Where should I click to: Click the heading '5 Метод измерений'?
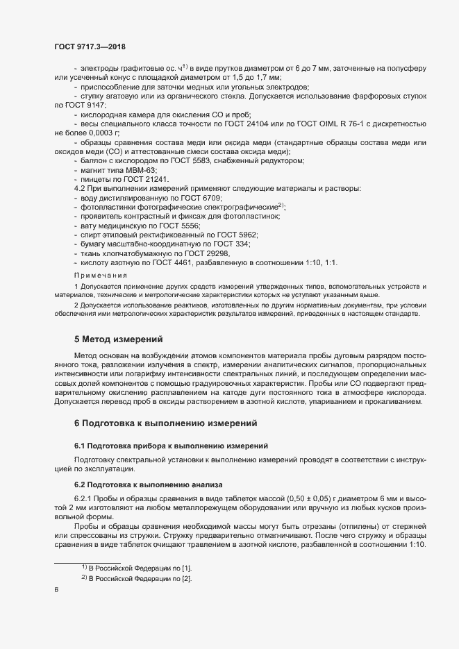(x=118, y=340)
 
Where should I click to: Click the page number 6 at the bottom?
(x=56, y=591)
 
